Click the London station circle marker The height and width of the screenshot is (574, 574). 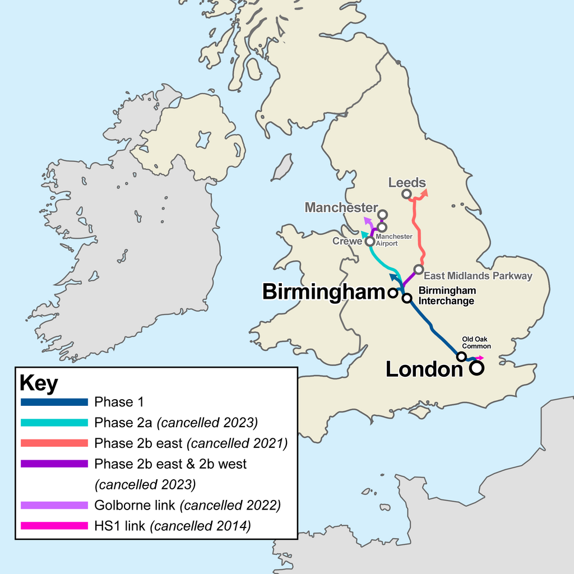coord(476,368)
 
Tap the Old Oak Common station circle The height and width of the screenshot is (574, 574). coord(461,357)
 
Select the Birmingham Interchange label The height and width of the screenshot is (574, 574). coord(447,295)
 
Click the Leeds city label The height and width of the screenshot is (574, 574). coord(406,183)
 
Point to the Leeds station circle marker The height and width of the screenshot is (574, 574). coord(406,194)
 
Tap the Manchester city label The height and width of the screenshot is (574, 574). coord(341,207)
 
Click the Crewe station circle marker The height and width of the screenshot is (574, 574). coord(370,242)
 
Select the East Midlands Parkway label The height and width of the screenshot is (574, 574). coord(478,276)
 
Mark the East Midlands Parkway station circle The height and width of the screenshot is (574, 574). coord(419,270)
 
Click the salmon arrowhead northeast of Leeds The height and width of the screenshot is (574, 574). coord(425,192)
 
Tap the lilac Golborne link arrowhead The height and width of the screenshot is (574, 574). coord(367,220)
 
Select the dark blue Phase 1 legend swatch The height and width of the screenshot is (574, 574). coord(54,402)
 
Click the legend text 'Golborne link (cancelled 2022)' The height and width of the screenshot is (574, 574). coord(187,505)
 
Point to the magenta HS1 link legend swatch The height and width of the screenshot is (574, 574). coord(54,526)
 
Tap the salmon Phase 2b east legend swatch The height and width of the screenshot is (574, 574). coord(54,443)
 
